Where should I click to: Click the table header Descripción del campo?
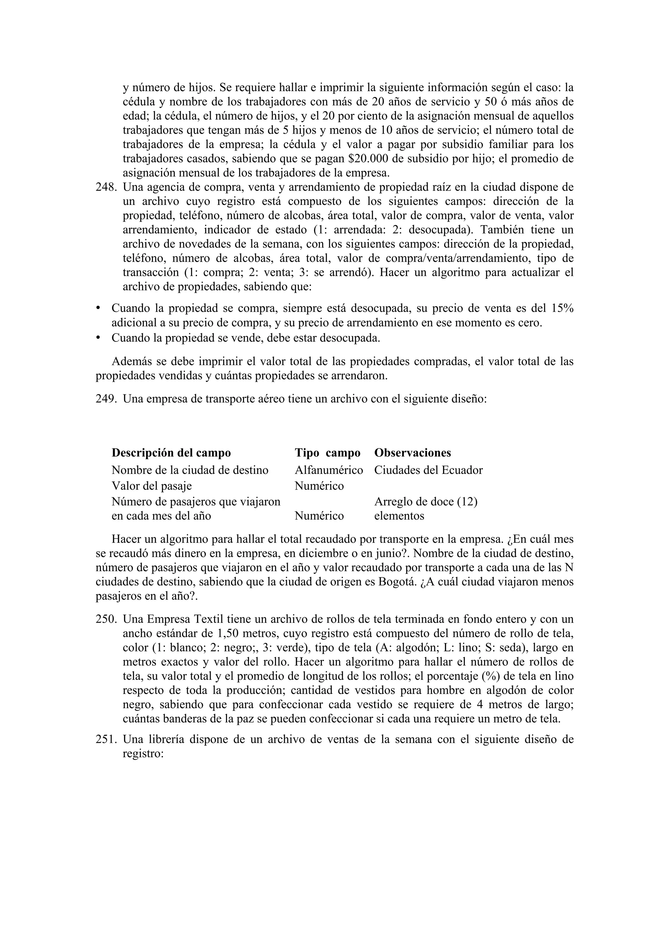171,453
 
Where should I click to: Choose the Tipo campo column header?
327,453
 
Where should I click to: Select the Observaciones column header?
412,453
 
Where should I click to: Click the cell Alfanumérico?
329,470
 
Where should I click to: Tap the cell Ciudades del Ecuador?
428,470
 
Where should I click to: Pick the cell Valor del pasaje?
152,486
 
